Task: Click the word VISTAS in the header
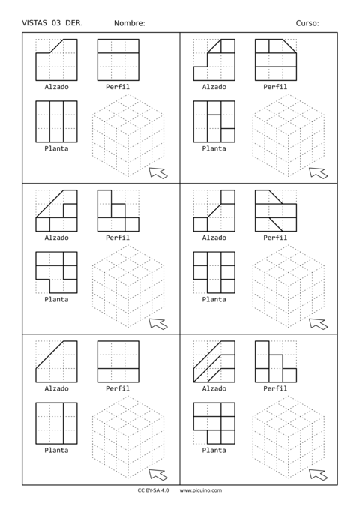(35, 23)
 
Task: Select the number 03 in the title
(57, 23)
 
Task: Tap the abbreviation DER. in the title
(74, 23)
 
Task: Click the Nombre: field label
(130, 23)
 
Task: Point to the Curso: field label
(307, 23)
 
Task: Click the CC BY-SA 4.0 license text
(153, 490)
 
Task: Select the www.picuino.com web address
(201, 490)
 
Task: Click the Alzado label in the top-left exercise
(56, 87)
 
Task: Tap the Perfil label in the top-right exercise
(275, 87)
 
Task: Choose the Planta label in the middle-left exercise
(56, 299)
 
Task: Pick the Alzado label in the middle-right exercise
(214, 238)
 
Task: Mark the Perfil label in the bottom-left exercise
(118, 388)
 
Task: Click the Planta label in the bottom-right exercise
(214, 450)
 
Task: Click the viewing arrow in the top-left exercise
(157, 173)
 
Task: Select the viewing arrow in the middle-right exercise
(318, 324)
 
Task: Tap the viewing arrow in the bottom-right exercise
(318, 475)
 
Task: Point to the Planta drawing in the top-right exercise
(214, 121)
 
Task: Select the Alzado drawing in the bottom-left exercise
(56, 361)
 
